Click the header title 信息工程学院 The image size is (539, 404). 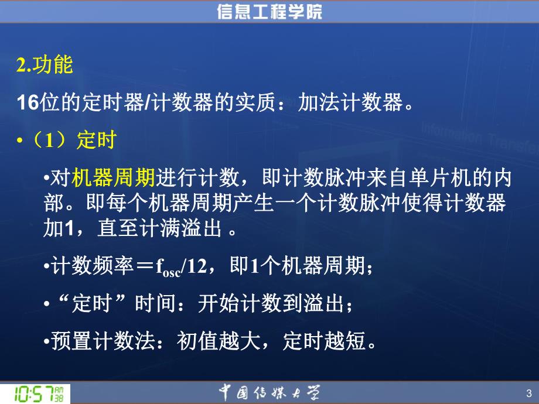(x=269, y=11)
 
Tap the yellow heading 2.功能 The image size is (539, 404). (x=44, y=66)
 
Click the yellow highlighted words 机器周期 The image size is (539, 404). (x=112, y=177)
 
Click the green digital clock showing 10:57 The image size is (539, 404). (x=35, y=393)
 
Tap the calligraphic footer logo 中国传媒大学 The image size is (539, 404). (x=269, y=392)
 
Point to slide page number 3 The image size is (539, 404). (x=529, y=393)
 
